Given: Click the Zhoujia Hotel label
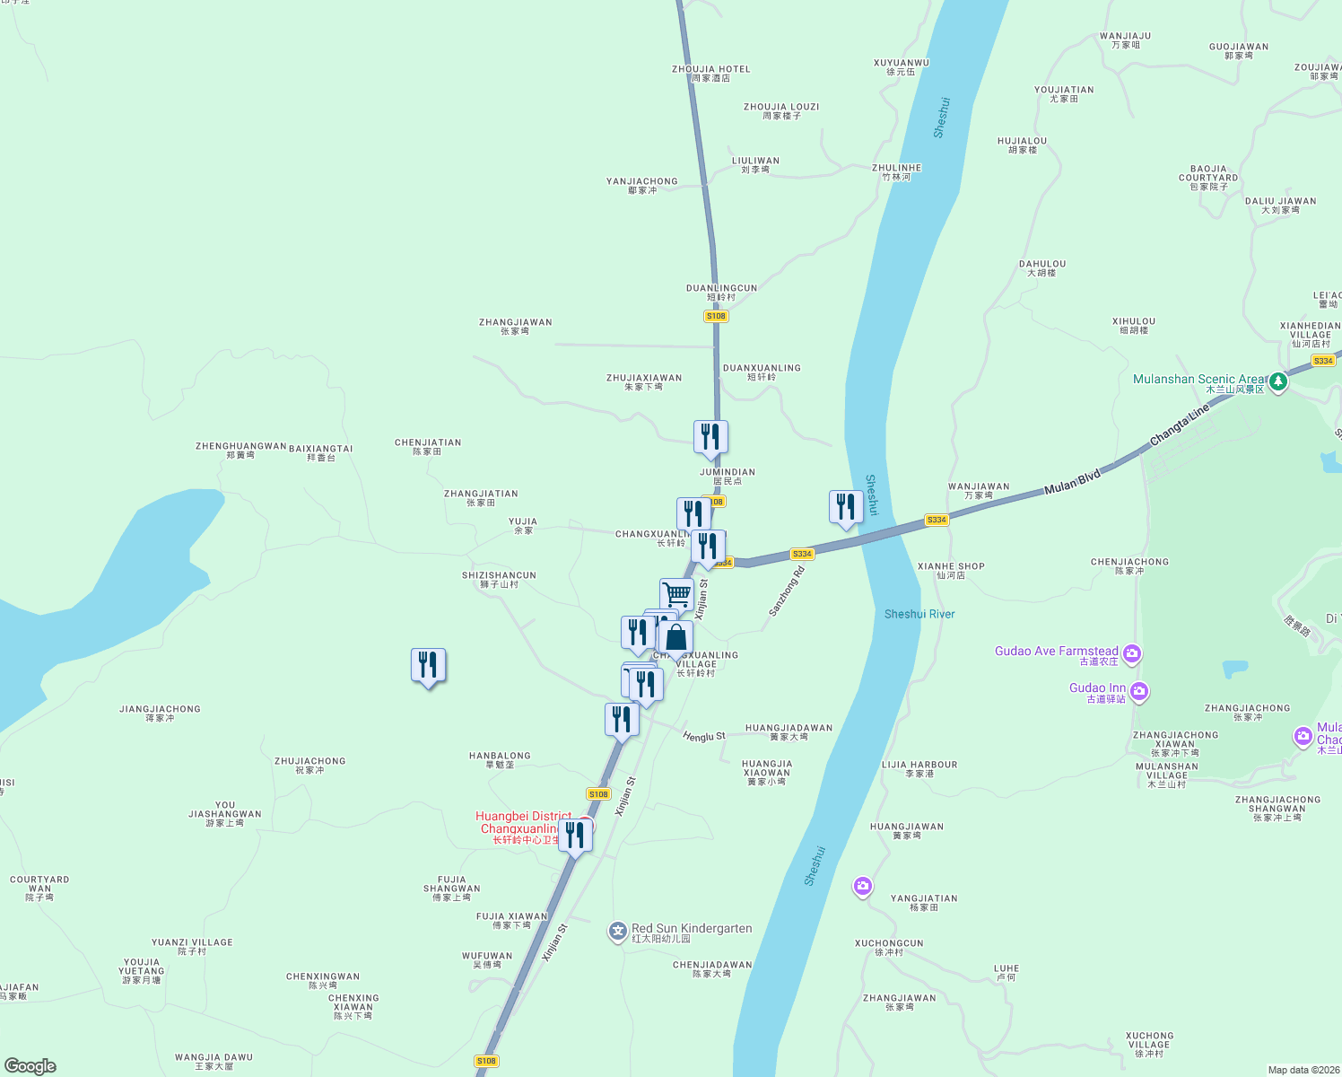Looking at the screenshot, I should pos(710,73).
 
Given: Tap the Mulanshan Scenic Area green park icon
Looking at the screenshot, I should pos(1278,381).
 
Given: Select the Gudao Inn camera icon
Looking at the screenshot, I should pos(1138,690).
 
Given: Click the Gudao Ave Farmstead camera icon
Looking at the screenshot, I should pos(1132,652).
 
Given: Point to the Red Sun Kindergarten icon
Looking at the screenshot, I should pos(617,932).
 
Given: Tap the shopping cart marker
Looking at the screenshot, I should pos(676,594).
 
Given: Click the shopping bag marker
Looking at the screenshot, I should pos(675,637).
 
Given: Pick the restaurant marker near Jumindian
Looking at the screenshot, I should pos(710,437).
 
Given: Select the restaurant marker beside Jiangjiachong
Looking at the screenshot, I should pos(428,665).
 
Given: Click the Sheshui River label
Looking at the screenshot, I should pos(919,614).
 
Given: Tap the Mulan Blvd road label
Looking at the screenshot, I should pos(1072,482).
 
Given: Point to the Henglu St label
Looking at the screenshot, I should pos(704,736).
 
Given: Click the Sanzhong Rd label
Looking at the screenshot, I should pos(787,591).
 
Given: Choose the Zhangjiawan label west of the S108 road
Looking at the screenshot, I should pos(515,326).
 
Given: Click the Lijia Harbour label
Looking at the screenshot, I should pos(919,768).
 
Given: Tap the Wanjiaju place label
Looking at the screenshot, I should pos(1125,39).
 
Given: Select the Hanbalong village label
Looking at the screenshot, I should pos(500,759).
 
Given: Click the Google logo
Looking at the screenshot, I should pos(30,1066).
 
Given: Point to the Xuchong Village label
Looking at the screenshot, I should pos(1149,1044).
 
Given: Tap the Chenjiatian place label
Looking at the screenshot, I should pos(428,446).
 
